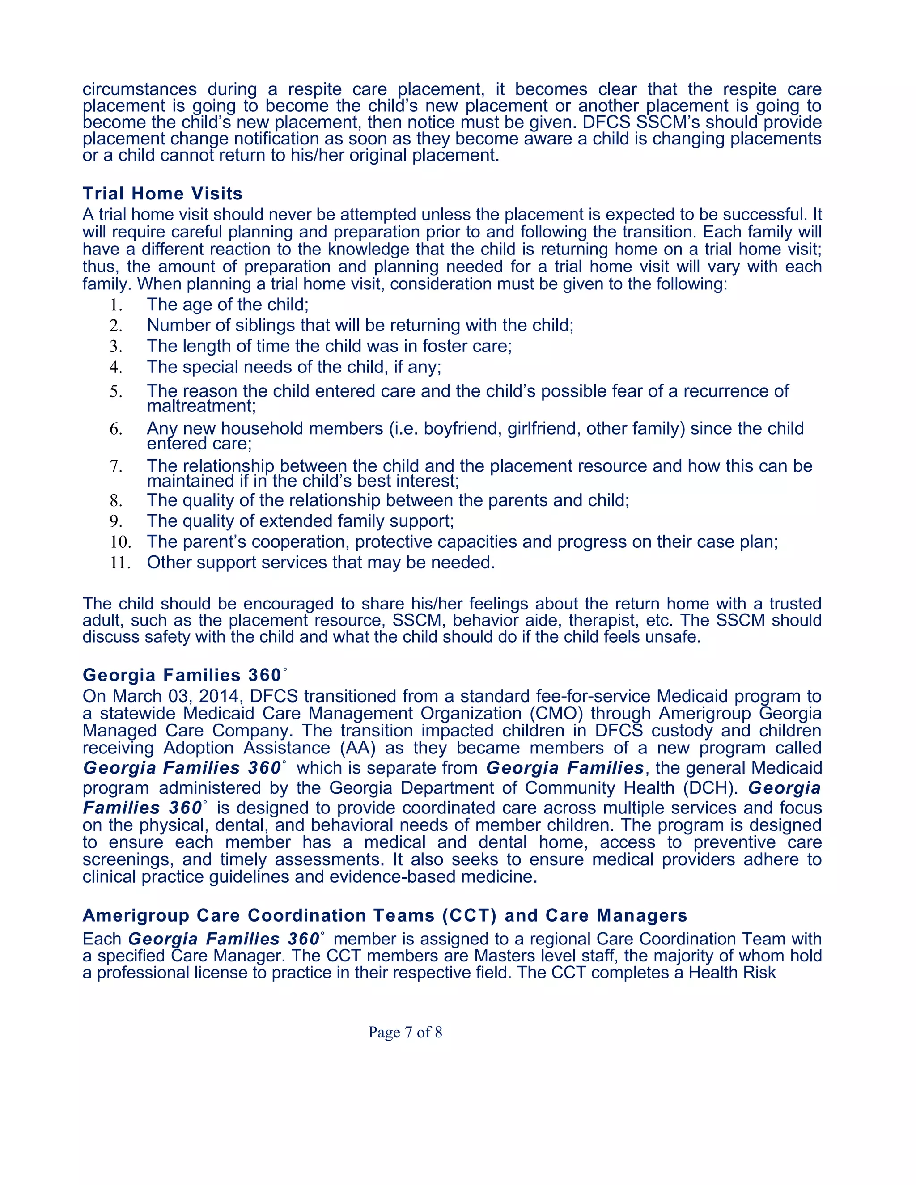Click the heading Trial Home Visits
(162, 194)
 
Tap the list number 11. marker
(120, 563)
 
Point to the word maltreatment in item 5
(201, 406)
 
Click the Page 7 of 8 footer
(405, 1032)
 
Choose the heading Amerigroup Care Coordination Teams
(384, 915)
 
